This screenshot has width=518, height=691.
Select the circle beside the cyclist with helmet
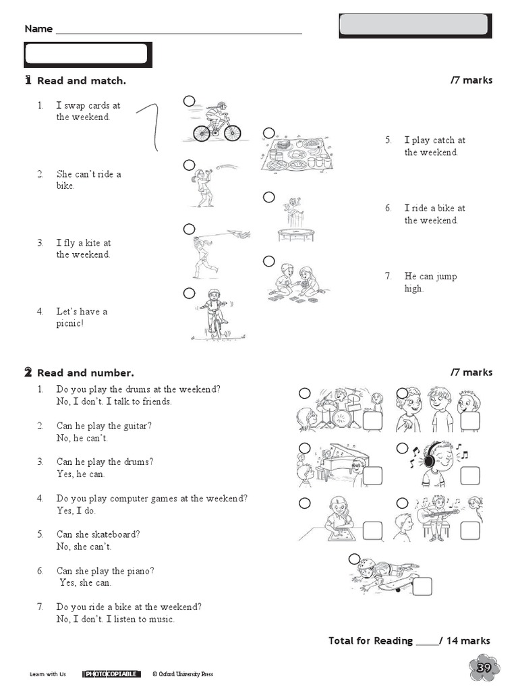pyautogui.click(x=189, y=101)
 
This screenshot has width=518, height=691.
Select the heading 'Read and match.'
pyautogui.click(x=81, y=81)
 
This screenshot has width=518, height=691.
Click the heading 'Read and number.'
pyautogui.click(x=85, y=372)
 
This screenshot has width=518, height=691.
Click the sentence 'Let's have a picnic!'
pyautogui.click(x=82, y=317)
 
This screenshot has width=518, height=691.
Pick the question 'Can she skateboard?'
pyautogui.click(x=98, y=534)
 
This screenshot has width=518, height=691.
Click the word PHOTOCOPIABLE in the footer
pyautogui.click(x=112, y=674)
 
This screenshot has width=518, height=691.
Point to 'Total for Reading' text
pyautogui.click(x=370, y=640)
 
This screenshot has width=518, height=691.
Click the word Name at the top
pyautogui.click(x=38, y=29)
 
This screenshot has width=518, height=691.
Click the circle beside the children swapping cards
pyautogui.click(x=269, y=261)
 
